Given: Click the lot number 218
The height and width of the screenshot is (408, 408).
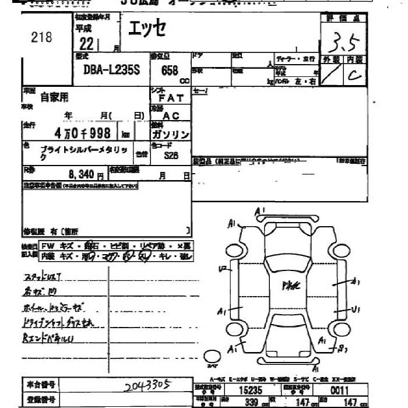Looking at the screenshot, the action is click(41, 38).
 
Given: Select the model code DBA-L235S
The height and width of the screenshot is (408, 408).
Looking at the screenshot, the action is click(103, 69).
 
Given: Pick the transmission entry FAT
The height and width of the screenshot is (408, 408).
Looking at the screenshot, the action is click(171, 98).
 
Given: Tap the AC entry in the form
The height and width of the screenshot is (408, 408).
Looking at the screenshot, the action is click(171, 116).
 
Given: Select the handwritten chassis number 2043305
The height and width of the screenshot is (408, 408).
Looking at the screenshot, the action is click(148, 385).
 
